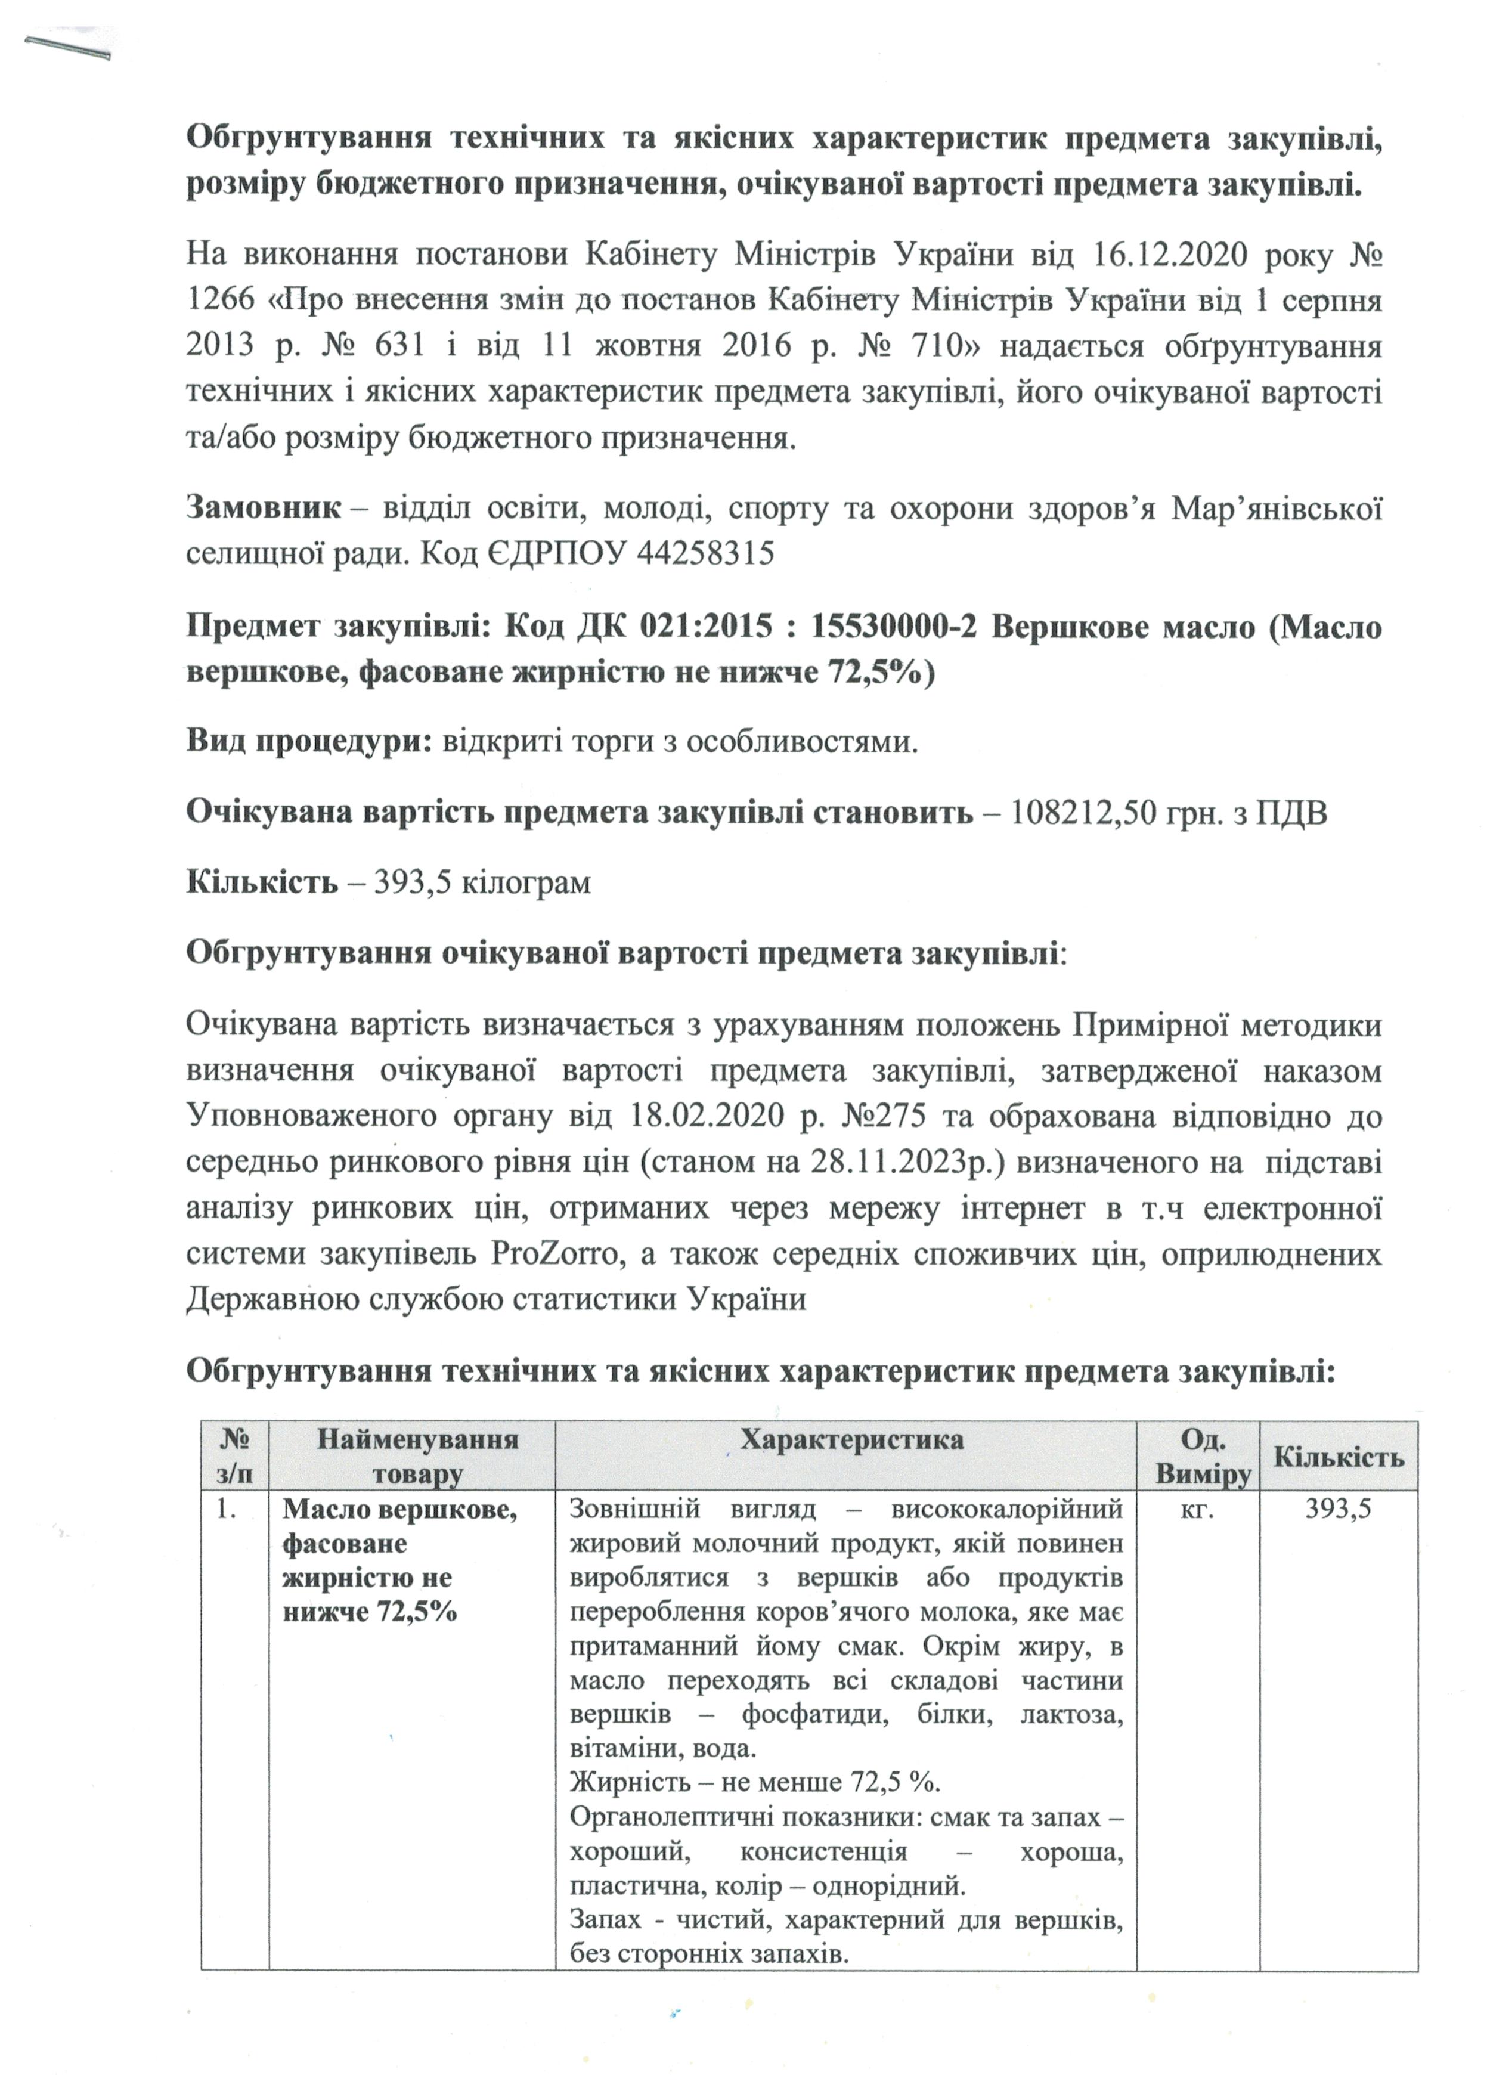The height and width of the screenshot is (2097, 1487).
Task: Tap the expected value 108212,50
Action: click(1082, 813)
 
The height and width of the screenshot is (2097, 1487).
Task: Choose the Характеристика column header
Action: click(851, 1439)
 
